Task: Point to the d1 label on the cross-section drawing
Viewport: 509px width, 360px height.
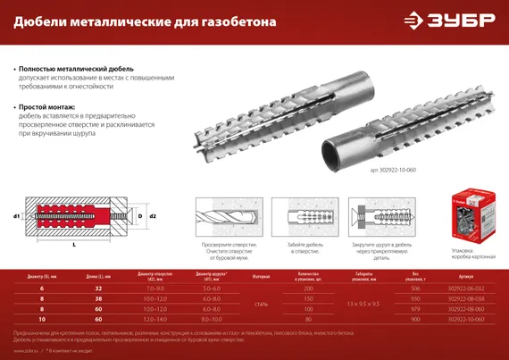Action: click(17, 216)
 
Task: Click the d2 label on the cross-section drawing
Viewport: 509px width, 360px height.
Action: click(153, 216)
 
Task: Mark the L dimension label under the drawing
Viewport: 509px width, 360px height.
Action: click(73, 244)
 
